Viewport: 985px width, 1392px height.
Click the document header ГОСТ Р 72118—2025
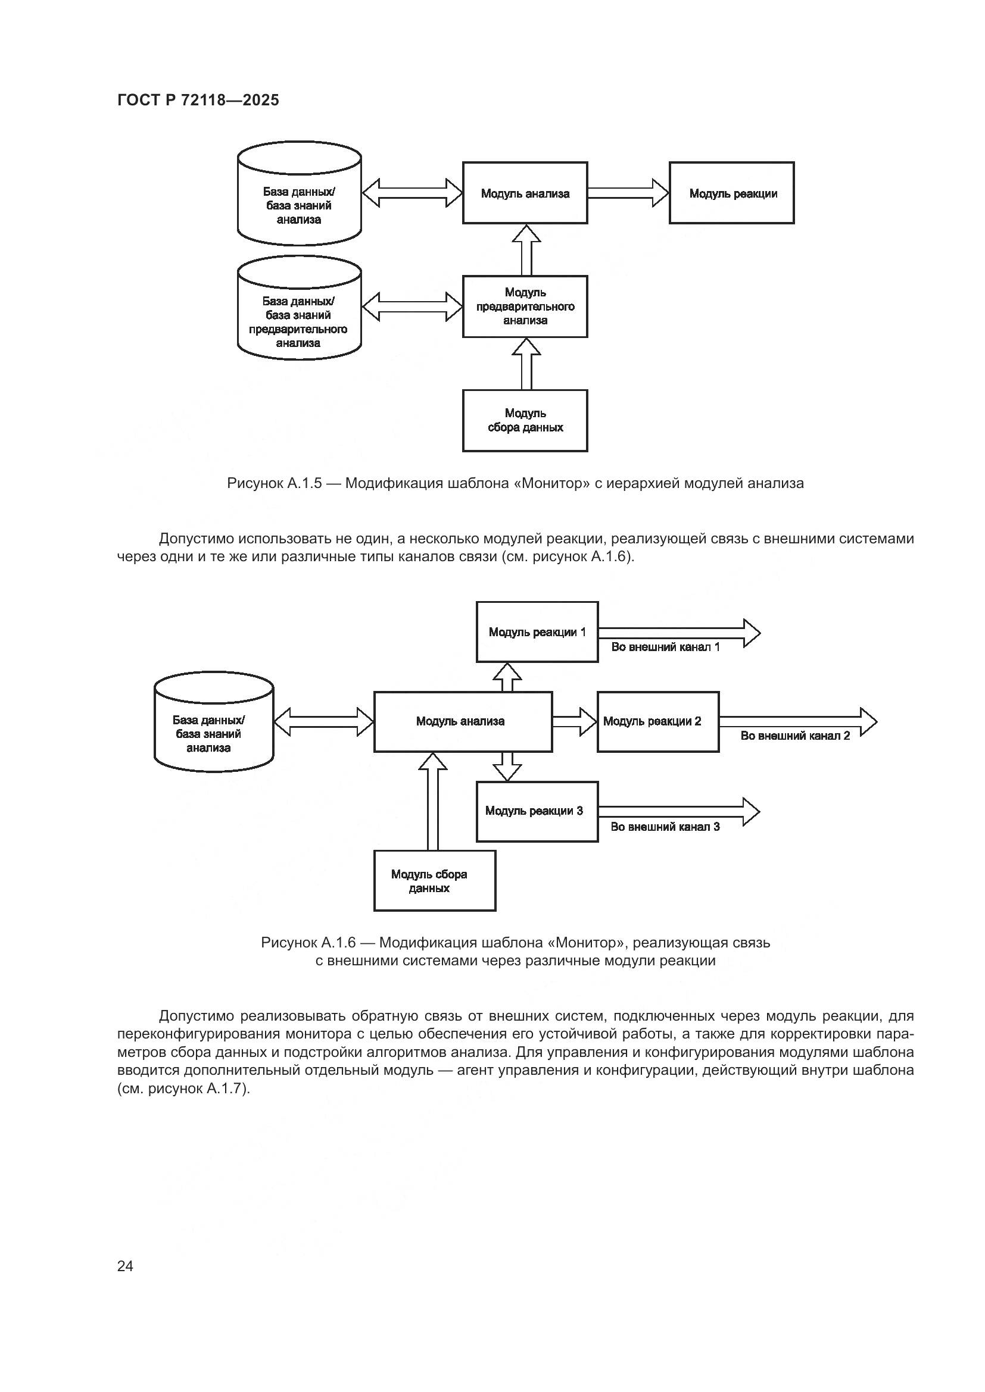(x=198, y=100)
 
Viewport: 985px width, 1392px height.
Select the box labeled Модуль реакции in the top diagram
(x=731, y=193)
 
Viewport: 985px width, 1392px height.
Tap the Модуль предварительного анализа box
(x=525, y=306)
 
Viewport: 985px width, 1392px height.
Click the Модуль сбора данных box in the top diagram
(x=525, y=420)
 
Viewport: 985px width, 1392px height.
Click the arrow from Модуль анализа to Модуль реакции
(x=628, y=193)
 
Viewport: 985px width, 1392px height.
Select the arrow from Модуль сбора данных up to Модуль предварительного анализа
(x=526, y=364)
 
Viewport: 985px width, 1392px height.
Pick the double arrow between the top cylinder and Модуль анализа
(x=412, y=193)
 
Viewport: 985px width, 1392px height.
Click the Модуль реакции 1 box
(x=537, y=632)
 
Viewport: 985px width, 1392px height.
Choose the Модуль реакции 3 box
(x=537, y=811)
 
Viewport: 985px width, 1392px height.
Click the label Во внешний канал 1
(x=665, y=647)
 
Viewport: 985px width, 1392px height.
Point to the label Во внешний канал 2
(x=794, y=736)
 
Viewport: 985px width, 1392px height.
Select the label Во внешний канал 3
(x=665, y=827)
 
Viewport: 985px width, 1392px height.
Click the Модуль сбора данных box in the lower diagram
(x=434, y=881)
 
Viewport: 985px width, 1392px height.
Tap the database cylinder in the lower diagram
(x=214, y=722)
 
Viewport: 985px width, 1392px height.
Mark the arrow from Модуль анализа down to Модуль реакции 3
(x=507, y=767)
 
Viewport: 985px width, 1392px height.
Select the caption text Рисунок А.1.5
(x=274, y=483)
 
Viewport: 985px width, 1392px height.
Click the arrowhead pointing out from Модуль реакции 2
(x=868, y=721)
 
